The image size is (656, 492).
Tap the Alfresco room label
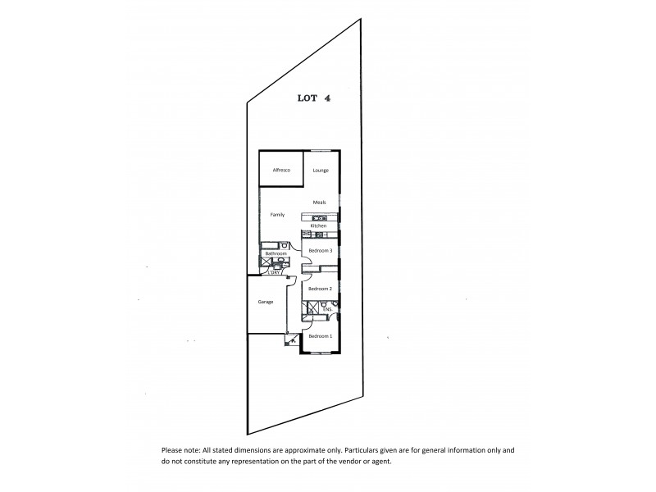tap(282, 170)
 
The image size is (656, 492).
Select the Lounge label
tap(321, 170)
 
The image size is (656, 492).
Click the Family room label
tap(278, 215)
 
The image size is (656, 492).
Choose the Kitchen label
tap(318, 225)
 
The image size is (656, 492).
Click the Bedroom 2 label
tap(319, 289)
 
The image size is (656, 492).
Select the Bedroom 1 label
tap(319, 336)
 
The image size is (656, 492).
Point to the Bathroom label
tap(276, 254)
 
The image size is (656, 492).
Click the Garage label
tap(265, 302)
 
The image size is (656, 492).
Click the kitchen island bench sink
tap(314, 216)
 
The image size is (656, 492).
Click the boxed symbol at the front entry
tap(290, 339)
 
